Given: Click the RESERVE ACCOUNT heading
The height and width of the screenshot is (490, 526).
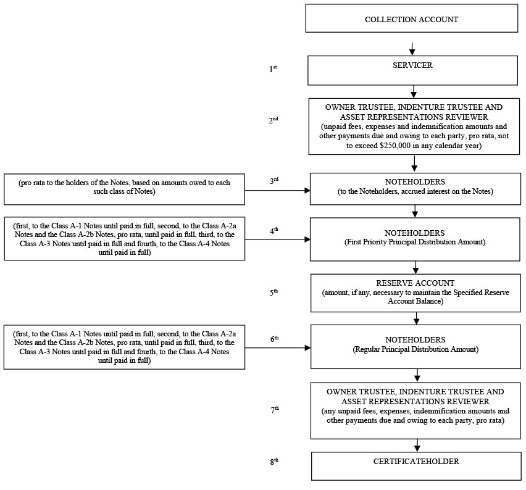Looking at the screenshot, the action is [415, 283].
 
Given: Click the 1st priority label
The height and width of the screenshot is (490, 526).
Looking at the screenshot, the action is [273, 69].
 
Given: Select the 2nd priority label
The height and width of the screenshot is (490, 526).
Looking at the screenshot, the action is [273, 120].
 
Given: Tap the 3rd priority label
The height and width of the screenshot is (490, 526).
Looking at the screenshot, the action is [274, 180].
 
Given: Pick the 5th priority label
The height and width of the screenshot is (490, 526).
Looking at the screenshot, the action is [273, 292].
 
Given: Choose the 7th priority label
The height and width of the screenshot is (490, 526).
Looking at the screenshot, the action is [275, 409].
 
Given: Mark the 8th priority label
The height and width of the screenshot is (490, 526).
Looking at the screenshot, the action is [274, 462].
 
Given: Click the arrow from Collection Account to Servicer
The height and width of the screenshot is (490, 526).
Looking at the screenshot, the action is [412, 49].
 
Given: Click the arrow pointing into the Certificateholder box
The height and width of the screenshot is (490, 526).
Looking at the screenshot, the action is [417, 446].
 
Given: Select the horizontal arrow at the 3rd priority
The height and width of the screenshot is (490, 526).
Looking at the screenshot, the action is [277, 191].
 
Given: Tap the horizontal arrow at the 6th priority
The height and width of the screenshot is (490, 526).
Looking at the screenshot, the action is [278, 348].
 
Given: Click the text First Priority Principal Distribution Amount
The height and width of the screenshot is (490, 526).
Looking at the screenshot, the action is [415, 242].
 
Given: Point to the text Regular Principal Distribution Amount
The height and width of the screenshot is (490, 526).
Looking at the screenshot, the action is [415, 349].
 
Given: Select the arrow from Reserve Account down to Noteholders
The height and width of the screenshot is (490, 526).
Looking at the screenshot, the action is [416, 318].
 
